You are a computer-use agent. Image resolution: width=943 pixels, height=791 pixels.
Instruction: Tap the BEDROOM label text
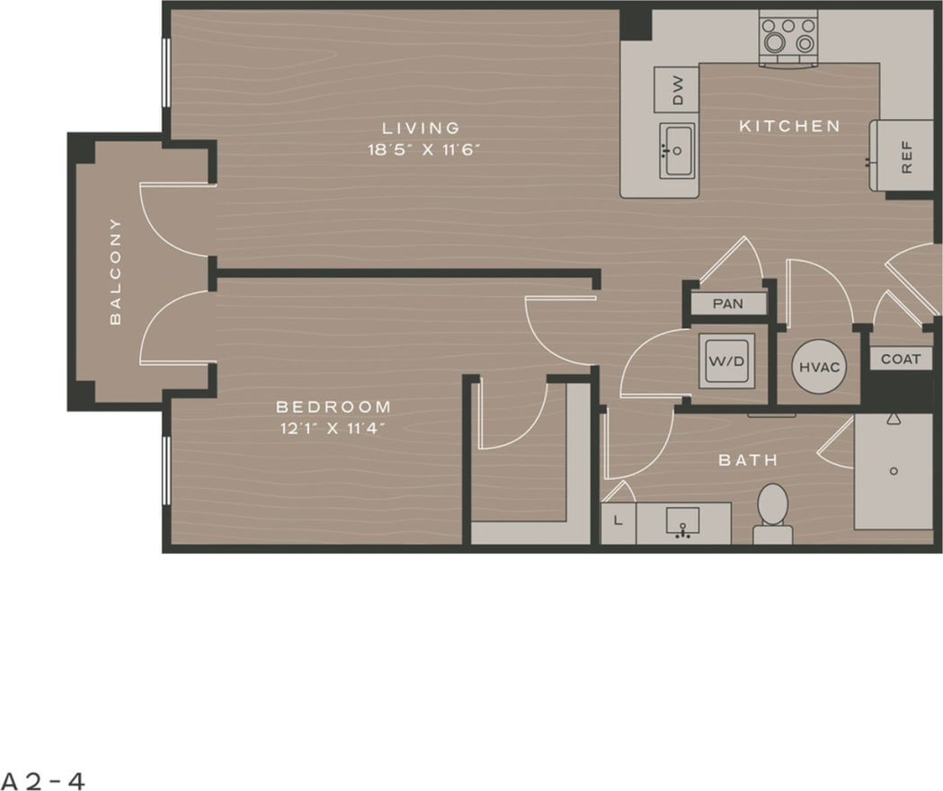coord(334,407)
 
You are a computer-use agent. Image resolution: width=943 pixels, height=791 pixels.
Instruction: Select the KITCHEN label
coord(789,127)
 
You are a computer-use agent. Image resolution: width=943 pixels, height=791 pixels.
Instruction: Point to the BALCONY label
coord(116,271)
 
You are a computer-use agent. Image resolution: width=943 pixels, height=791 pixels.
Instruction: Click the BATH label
coord(747,460)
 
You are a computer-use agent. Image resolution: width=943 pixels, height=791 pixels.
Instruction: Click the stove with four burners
coord(788,37)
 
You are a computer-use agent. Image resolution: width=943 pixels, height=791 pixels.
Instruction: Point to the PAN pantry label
coord(728,304)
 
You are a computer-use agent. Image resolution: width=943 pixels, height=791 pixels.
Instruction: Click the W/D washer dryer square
coord(727,360)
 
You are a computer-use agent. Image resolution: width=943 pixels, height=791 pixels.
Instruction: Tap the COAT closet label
coord(900,359)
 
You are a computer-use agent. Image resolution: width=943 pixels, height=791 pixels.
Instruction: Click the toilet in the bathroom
coord(772,511)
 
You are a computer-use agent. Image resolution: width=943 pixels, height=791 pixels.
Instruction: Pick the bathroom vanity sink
coord(683,521)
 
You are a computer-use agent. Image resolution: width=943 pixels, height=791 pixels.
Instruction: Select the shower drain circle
coord(894,470)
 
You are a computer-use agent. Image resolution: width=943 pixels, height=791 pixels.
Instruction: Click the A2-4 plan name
coord(43,779)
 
